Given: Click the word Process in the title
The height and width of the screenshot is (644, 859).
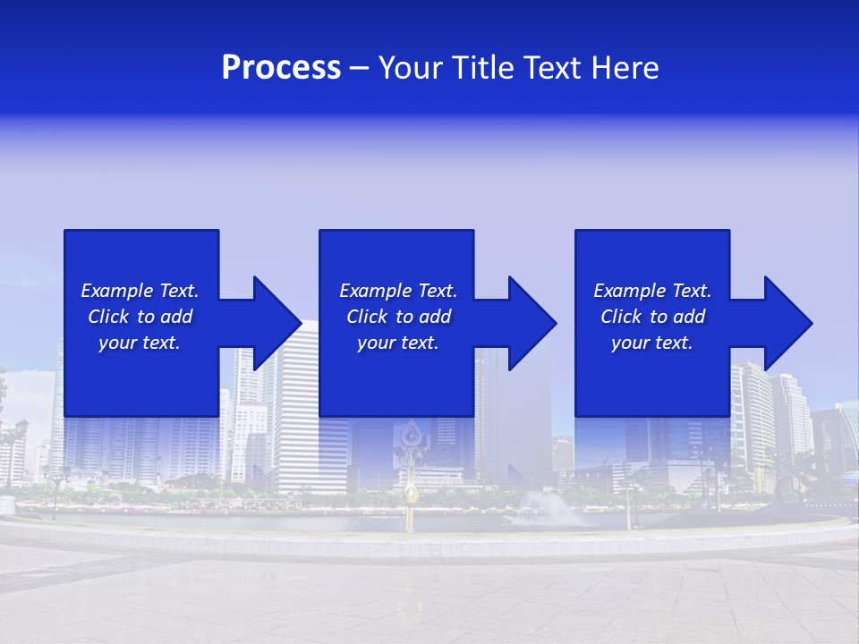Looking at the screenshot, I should click(281, 68).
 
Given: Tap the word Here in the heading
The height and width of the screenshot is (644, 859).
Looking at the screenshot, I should click(625, 68).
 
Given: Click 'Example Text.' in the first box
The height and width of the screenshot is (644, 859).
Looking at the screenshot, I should click(140, 291).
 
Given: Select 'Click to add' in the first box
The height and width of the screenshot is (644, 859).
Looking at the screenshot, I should click(140, 317).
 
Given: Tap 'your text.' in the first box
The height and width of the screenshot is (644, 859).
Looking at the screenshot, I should click(140, 343).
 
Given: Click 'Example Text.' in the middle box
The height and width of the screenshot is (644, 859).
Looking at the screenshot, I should click(398, 291).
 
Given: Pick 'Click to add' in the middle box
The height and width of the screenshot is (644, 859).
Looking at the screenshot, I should click(398, 317).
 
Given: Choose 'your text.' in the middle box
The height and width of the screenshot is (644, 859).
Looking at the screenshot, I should click(398, 343).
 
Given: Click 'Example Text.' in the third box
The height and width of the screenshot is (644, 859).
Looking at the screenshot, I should click(652, 291).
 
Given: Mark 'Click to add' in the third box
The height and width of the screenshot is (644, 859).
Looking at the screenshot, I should click(652, 317).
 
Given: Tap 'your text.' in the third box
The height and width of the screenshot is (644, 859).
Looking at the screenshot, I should click(652, 343).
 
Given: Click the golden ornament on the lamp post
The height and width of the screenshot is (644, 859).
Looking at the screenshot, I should click(411, 493).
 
